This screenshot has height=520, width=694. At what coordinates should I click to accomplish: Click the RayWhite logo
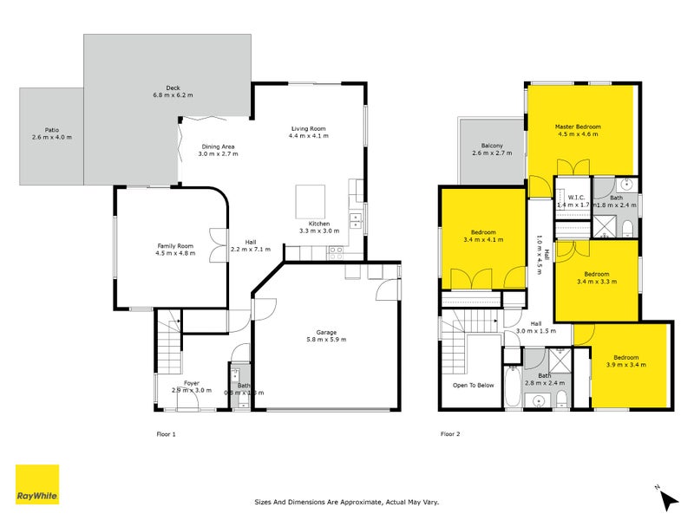pyautogui.click(x=37, y=484)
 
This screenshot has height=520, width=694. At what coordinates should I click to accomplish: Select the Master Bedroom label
pyautogui.click(x=578, y=127)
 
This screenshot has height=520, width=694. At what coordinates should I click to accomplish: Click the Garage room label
pyautogui.click(x=326, y=332)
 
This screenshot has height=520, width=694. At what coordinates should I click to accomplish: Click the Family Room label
pyautogui.click(x=175, y=245)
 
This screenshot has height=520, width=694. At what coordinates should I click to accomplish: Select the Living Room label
pyautogui.click(x=309, y=128)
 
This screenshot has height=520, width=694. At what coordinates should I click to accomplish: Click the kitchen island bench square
pyautogui.click(x=310, y=202)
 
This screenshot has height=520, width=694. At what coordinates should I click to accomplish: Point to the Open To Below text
pyautogui.click(x=473, y=385)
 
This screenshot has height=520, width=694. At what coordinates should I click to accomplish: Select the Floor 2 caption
pyautogui.click(x=449, y=433)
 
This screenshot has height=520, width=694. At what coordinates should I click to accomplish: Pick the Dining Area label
pyautogui.click(x=218, y=146)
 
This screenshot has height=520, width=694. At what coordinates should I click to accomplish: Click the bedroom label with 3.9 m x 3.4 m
pyautogui.click(x=625, y=357)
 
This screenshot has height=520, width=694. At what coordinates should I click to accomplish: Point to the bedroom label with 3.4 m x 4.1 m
pyautogui.click(x=483, y=232)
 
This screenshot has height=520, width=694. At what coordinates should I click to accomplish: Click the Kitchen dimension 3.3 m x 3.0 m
pyautogui.click(x=317, y=231)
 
